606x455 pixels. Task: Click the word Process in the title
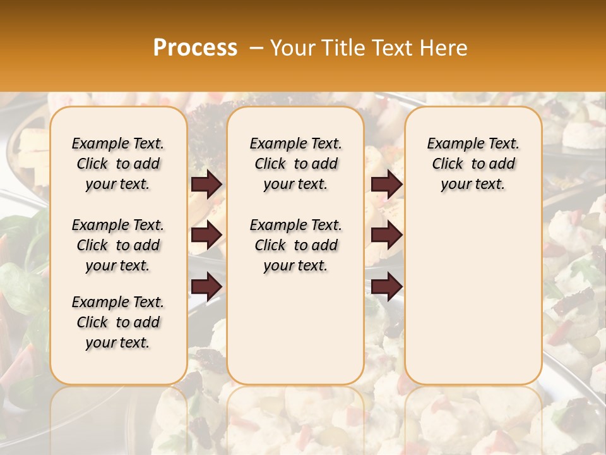195,48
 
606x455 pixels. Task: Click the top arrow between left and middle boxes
206,184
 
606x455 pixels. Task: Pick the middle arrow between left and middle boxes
206,235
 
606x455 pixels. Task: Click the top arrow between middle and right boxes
386,184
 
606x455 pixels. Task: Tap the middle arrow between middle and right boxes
386,235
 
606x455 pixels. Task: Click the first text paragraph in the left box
118,164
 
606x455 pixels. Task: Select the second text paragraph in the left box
118,245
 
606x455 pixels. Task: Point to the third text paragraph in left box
118,322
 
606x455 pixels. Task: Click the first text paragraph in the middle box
296,164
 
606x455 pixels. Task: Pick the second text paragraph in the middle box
296,245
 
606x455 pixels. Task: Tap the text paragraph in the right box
473,164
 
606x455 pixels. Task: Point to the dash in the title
256,48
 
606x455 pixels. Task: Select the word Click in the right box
448,164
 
